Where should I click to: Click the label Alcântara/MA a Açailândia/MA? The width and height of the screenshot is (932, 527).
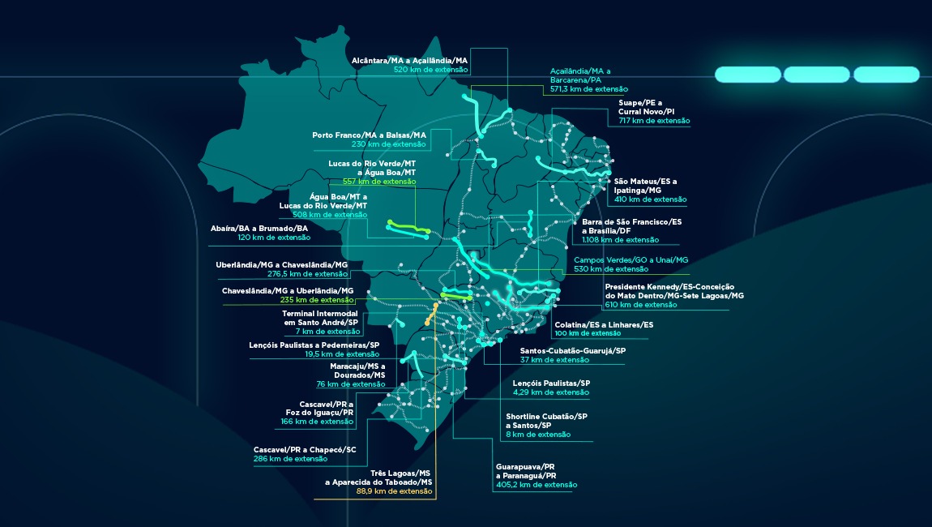click(409, 60)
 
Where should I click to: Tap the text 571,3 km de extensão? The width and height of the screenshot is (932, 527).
click(589, 89)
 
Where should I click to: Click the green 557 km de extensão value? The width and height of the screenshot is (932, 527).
click(379, 182)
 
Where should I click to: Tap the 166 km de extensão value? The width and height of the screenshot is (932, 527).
click(315, 422)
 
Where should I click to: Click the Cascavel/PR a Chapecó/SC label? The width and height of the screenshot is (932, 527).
click(305, 449)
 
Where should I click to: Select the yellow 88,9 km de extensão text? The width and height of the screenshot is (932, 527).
click(394, 491)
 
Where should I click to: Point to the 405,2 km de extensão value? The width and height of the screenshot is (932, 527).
click(537, 485)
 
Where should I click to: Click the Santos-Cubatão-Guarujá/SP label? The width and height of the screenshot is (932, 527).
click(573, 351)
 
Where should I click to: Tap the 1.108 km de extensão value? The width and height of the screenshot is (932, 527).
click(621, 240)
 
